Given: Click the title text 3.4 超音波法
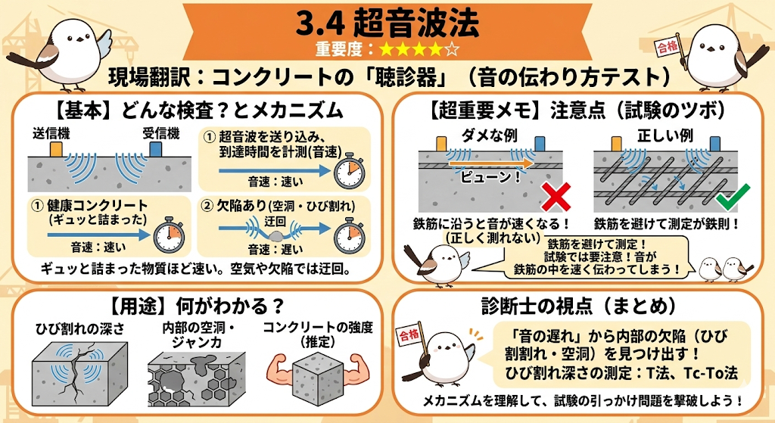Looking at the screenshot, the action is click(387, 23).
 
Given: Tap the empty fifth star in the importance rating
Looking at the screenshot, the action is click(451, 49).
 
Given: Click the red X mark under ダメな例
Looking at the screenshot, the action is click(556, 198).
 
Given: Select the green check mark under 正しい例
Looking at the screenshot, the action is click(733, 197).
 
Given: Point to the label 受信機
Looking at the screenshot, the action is click(160, 134).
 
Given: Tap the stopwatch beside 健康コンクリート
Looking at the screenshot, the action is click(169, 235).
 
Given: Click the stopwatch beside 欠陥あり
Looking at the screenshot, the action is click(349, 235).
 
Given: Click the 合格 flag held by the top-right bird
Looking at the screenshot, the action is click(667, 46).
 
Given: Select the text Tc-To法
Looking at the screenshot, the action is click(711, 373).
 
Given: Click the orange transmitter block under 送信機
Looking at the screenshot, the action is click(55, 149).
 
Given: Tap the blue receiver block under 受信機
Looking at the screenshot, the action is click(155, 149).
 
